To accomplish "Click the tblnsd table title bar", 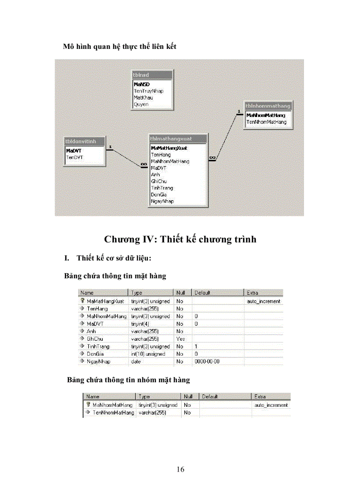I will (x=152, y=75).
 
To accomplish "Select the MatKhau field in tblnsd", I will (x=143, y=97).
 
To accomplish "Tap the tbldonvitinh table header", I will (x=85, y=141).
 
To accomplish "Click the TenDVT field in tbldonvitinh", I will (x=74, y=157).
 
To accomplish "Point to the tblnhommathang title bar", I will (x=268, y=106).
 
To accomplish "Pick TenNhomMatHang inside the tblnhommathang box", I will (x=266, y=122).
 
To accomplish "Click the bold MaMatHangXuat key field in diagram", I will (x=169, y=148).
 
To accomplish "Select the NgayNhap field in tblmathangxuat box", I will (x=162, y=201).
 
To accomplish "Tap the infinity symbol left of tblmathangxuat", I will (x=144, y=164).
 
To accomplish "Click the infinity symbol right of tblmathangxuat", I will (x=212, y=157).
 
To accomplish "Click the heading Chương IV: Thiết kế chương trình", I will (x=180, y=239).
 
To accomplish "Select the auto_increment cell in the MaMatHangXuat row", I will (x=263, y=301).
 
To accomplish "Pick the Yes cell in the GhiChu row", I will (x=180, y=339).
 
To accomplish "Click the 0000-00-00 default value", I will (x=207, y=361).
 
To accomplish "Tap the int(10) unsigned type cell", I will (x=148, y=354).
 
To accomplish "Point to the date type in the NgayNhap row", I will (x=136, y=361).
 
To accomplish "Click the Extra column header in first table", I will (x=253, y=293).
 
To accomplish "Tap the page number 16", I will (x=180, y=469).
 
